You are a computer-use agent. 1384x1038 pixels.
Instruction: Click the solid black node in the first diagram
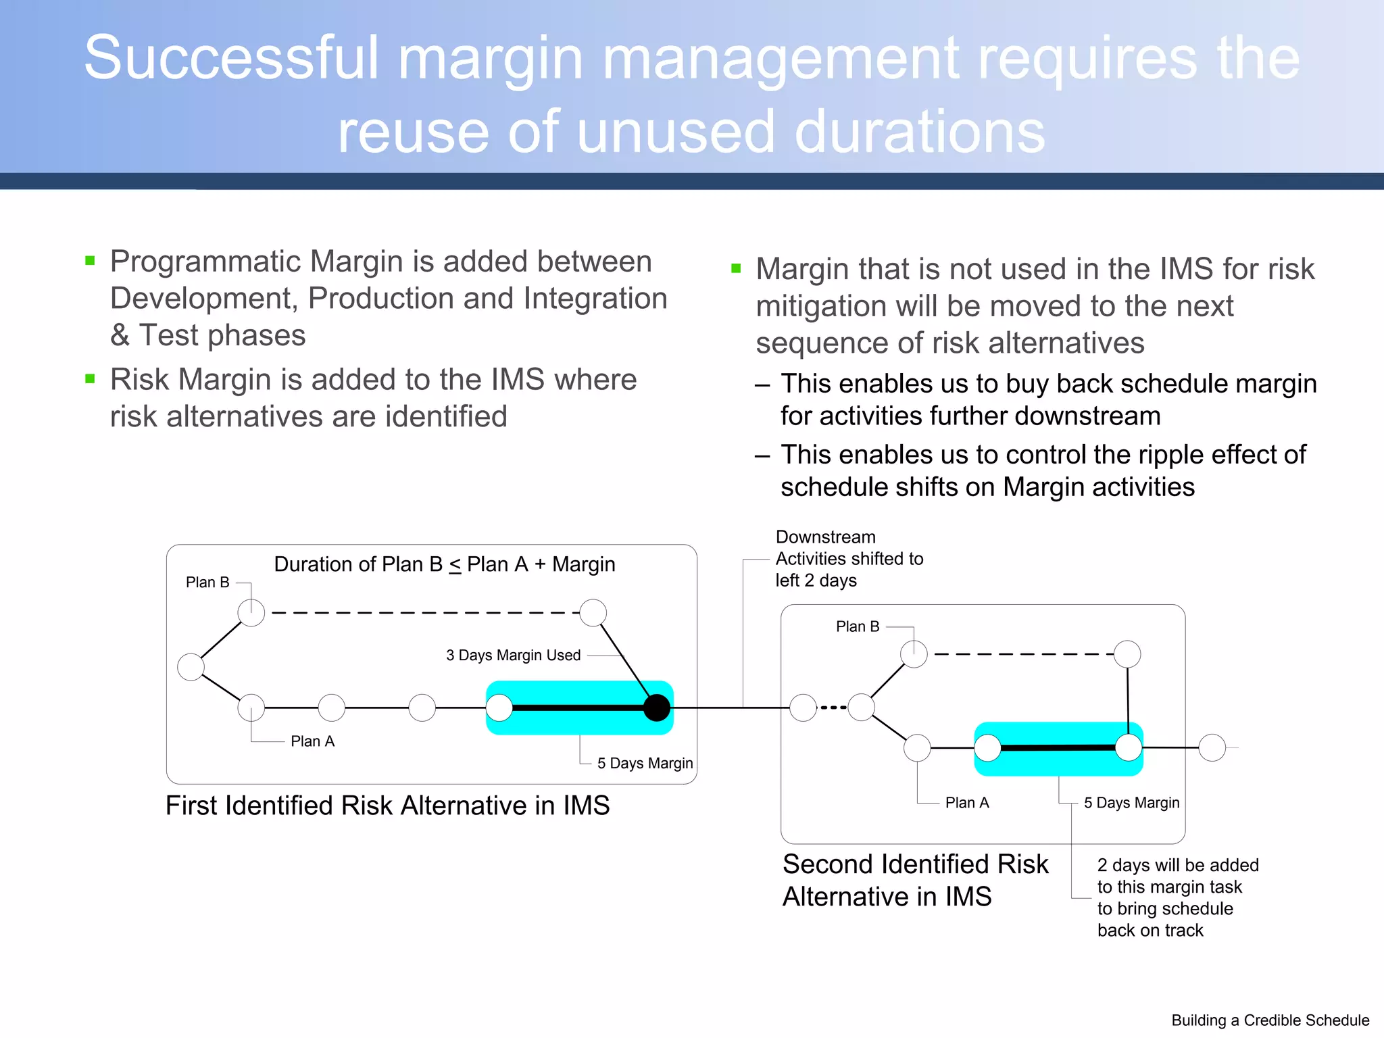click(656, 708)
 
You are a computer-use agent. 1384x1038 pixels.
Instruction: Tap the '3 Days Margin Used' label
click(513, 655)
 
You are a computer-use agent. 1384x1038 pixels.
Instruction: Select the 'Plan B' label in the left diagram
click(207, 582)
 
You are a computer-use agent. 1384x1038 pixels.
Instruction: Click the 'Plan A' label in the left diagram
click(312, 741)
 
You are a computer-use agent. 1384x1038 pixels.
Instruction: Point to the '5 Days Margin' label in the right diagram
click(1131, 802)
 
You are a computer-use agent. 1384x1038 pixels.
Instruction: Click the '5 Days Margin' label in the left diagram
click(645, 763)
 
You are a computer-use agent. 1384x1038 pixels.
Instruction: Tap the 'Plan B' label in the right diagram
click(858, 626)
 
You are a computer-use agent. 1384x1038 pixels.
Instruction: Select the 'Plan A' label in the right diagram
click(966, 802)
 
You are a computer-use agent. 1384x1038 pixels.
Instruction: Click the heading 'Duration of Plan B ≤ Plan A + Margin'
click(444, 564)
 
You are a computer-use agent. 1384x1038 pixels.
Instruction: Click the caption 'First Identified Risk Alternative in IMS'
click(387, 806)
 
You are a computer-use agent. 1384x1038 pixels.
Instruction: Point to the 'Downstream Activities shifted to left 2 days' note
click(849, 558)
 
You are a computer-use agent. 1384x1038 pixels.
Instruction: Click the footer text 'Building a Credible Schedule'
click(1270, 1020)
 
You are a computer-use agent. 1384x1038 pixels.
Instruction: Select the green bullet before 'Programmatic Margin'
click(90, 260)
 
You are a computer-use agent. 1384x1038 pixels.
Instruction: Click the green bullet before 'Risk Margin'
click(90, 378)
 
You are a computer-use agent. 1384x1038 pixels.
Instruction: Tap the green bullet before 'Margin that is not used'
click(736, 268)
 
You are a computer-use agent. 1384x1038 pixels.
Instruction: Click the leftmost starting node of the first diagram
click(191, 667)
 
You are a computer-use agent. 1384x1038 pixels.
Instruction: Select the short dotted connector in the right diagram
click(833, 708)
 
